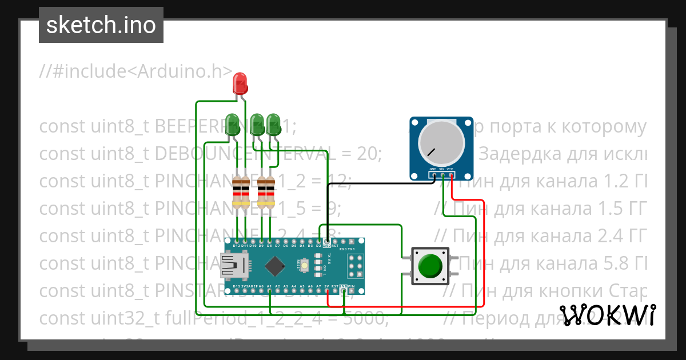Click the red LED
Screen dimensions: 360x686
coord(240,83)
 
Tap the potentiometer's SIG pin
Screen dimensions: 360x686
coord(442,175)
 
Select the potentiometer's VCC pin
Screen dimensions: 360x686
coord(451,175)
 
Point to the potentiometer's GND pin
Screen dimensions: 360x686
coord(433,175)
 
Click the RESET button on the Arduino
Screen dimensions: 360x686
coord(306,266)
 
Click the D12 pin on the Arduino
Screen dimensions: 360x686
coord(237,241)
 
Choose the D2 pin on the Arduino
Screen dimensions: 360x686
coord(318,241)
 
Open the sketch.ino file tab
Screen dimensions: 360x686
coord(101,25)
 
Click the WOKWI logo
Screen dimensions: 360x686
coord(608,315)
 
